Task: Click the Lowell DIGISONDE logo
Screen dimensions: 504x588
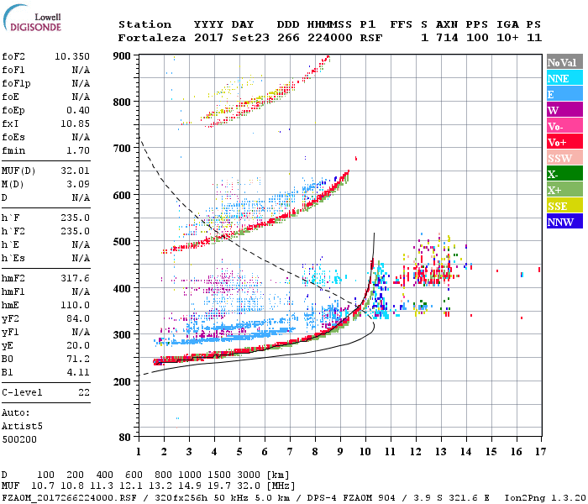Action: [30, 20]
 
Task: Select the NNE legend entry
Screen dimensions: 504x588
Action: [564, 78]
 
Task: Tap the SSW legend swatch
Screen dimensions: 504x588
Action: [564, 158]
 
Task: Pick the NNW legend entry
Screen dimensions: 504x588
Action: [564, 222]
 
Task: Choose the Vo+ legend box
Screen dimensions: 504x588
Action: [564, 142]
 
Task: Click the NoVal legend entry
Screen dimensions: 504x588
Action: [564, 62]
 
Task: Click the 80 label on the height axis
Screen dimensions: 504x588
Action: [125, 437]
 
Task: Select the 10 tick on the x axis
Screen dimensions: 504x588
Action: [365, 452]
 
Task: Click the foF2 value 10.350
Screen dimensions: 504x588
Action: [72, 56]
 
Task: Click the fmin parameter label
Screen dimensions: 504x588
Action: [14, 150]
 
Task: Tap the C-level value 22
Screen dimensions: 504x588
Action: [83, 392]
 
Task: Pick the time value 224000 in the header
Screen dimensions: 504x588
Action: [329, 37]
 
